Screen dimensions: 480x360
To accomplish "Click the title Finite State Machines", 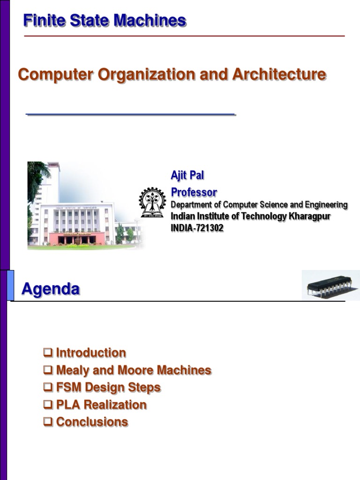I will pos(105,21).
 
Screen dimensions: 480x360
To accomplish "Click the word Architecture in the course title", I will pos(279,75).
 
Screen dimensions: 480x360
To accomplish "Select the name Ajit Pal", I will pos(187,175).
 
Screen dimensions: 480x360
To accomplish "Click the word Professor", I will pos(194,192).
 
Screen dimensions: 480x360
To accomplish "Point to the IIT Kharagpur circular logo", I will pos(152,202).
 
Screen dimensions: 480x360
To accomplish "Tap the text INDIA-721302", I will pos(197,228).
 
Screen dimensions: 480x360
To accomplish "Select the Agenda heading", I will pos(51,289).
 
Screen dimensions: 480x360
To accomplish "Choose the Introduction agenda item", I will pos(91,353).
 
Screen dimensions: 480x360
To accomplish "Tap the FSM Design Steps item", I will pos(108,388).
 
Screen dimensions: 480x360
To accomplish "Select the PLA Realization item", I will pos(101,405).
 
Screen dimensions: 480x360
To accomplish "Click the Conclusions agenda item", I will pos(92,422).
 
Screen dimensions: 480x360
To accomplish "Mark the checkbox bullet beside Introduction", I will pos(48,353).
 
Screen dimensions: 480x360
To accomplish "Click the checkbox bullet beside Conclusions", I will pos(48,422).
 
